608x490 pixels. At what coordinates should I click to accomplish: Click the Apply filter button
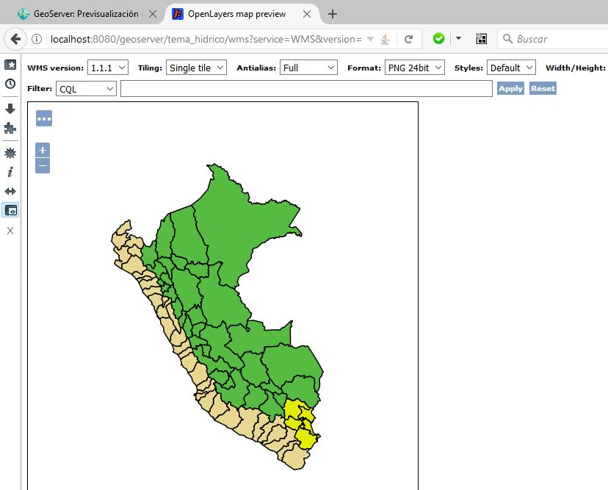(510, 88)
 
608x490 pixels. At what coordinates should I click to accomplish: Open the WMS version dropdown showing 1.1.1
(108, 68)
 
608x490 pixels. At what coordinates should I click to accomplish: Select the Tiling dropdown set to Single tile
(198, 68)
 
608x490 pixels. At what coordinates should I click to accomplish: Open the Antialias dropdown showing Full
(308, 68)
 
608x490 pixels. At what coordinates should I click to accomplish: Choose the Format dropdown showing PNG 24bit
(414, 68)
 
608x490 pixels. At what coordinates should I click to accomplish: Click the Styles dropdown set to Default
(511, 68)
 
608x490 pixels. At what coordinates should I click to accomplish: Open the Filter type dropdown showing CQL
(86, 88)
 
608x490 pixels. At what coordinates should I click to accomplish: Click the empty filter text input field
(306, 88)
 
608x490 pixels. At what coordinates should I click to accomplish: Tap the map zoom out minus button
(43, 166)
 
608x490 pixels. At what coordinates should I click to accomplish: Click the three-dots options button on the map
(44, 118)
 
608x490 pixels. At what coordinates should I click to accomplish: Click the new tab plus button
(333, 14)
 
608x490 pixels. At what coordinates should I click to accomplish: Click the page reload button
(408, 39)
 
